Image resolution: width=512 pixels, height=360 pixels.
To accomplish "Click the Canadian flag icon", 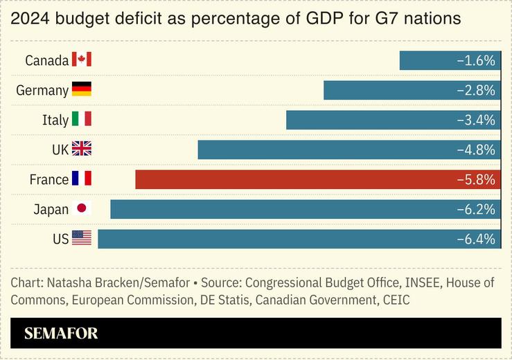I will (82, 60).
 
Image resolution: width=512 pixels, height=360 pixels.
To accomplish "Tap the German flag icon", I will (82, 90).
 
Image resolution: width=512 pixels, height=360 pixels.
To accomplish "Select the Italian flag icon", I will (82, 120).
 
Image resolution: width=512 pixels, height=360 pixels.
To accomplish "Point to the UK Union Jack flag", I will (82, 150).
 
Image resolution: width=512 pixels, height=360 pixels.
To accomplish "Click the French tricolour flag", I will (82, 179).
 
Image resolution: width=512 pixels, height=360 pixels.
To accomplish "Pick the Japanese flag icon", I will (82, 209).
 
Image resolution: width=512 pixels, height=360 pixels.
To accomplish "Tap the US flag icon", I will (82, 239).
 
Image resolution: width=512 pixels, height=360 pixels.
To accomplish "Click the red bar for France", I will (291, 179).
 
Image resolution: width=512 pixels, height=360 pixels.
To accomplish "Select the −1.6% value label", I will (476, 61).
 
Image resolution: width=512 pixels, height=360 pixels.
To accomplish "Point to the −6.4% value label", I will (476, 240).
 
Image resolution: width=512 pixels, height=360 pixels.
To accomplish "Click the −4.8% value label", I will (476, 150).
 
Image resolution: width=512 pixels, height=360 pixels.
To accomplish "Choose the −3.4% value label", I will (476, 120).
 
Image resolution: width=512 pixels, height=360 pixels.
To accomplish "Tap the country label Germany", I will (42, 91).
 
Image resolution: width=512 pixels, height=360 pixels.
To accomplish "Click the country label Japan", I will (51, 210).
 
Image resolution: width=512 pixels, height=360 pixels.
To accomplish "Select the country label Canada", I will (46, 61).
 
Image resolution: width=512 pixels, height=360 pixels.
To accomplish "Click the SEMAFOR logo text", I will (61, 334).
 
